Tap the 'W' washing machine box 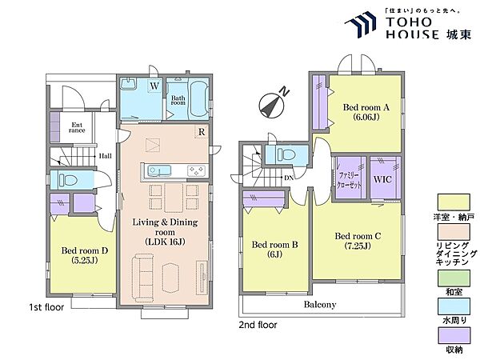154,86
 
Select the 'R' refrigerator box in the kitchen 202,132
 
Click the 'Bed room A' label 366,107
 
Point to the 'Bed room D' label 85,250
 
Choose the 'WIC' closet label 382,179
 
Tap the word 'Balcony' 320,305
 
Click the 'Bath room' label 178,100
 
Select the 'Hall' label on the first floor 105,156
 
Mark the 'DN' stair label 288,178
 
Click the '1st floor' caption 46,307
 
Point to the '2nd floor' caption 258,325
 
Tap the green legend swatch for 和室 454,278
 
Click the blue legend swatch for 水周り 454,306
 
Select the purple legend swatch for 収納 454,336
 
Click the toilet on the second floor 286,154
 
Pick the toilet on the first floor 68,180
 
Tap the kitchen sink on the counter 159,170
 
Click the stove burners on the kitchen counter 197,170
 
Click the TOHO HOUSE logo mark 361,25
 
